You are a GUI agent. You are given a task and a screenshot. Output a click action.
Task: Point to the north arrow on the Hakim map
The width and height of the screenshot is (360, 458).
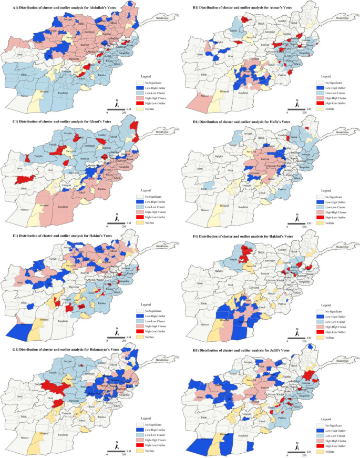tap(116, 331)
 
